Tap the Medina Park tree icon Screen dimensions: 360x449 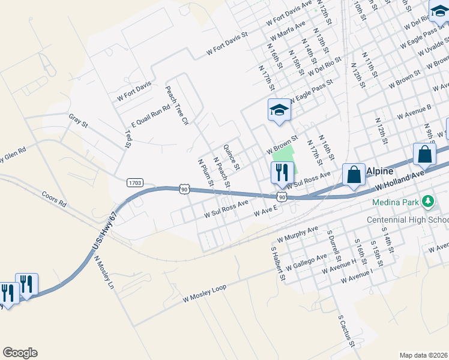pos(428,202)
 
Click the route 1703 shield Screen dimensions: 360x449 pos(135,181)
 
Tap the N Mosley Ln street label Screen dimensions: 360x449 pos(104,273)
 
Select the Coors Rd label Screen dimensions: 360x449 pos(54,199)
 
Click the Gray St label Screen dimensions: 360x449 pos(78,121)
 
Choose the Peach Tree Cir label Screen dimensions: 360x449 pos(177,105)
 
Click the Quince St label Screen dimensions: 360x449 pos(231,156)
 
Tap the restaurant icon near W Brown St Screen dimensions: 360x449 pos(281,172)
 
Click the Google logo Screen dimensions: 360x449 pos(20,353)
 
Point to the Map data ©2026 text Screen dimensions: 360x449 pos(423,355)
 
